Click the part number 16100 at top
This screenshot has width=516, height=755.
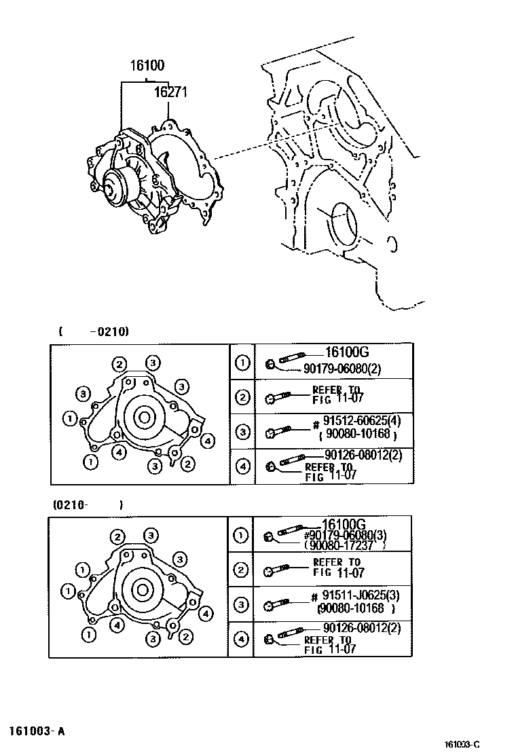pyautogui.click(x=147, y=67)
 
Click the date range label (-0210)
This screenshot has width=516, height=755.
pyautogui.click(x=94, y=331)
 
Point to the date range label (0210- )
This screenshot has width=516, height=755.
pyautogui.click(x=88, y=505)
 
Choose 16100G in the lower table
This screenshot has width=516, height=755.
pyautogui.click(x=344, y=524)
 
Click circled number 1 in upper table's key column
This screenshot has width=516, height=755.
pyautogui.click(x=242, y=363)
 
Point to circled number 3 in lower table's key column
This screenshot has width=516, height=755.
pyautogui.click(x=241, y=604)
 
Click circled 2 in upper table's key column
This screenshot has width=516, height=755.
pyautogui.click(x=242, y=397)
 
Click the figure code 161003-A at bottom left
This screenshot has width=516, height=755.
pyautogui.click(x=37, y=731)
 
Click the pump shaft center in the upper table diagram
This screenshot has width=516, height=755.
pyautogui.click(x=144, y=416)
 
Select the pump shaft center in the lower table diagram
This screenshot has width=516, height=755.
pyautogui.click(x=143, y=589)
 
